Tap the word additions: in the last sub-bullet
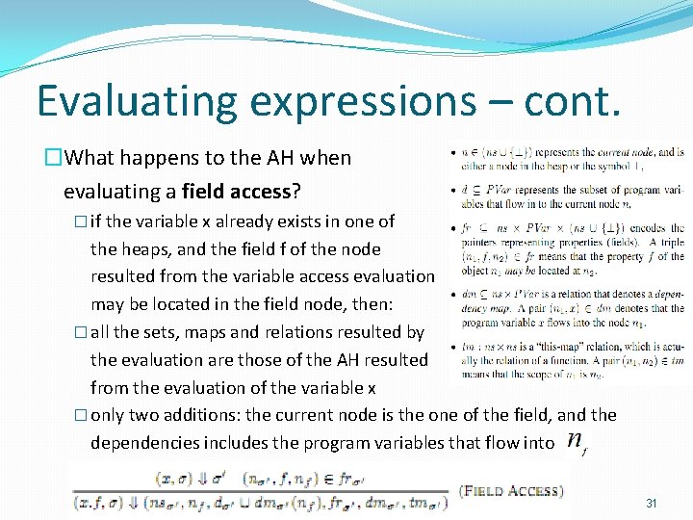coord(201,416)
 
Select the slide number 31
coord(652,503)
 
